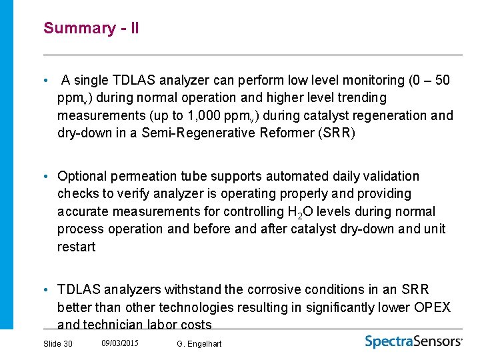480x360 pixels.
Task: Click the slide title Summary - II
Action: pos(91,28)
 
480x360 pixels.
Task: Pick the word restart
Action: pos(77,247)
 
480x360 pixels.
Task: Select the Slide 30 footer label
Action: pos(58,343)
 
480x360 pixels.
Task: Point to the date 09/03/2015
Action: pos(120,343)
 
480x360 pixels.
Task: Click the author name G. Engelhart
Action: pos(199,343)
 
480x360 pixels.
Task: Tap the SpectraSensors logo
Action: pos(413,341)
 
